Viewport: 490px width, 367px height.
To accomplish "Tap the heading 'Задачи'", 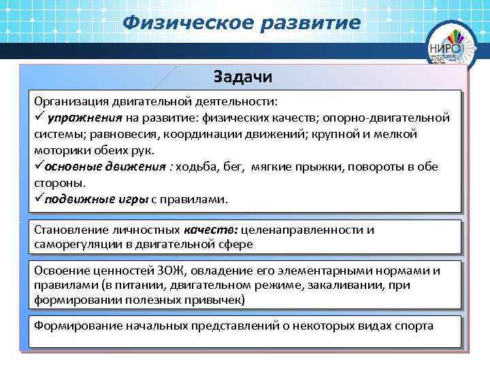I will point(243,75).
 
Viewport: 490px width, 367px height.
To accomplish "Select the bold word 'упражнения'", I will point(79,118).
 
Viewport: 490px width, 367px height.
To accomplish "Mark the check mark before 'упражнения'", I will point(39,118).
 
